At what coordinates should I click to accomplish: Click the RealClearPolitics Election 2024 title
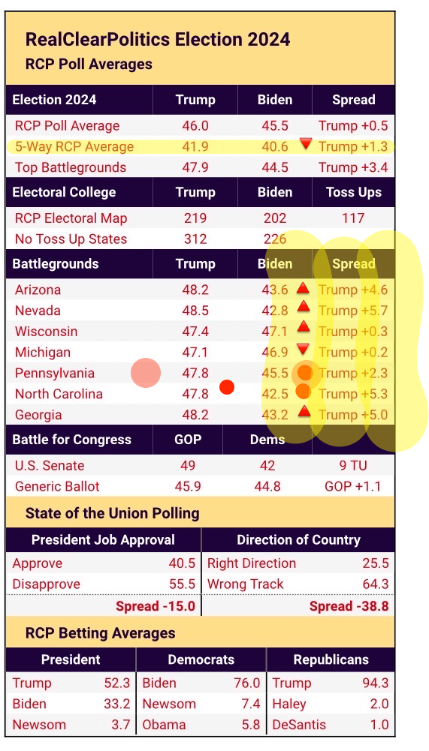coord(158,40)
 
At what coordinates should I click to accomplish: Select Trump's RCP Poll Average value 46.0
coord(195,126)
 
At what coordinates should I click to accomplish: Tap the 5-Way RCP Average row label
coord(74,147)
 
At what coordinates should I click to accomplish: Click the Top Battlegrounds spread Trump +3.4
coord(353,168)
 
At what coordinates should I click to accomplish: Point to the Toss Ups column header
coord(353,192)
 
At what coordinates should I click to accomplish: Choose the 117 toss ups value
coord(353,218)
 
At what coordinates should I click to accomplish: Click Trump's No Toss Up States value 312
coord(195,239)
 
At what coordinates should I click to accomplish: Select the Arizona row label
coord(38,290)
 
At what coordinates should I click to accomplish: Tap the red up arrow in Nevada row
coord(304,306)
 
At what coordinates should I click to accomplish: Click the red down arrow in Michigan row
coord(304,348)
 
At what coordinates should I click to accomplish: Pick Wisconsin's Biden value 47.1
coord(275,332)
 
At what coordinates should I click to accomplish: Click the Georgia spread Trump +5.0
coord(353,415)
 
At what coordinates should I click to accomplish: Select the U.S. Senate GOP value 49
coord(188,466)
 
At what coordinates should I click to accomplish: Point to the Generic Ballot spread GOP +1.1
coord(353,487)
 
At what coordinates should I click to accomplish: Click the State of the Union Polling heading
coord(113,514)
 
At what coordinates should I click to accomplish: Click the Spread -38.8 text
coord(349,606)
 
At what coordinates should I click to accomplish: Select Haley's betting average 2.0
coord(379,704)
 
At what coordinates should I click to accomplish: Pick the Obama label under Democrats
coord(164,725)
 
